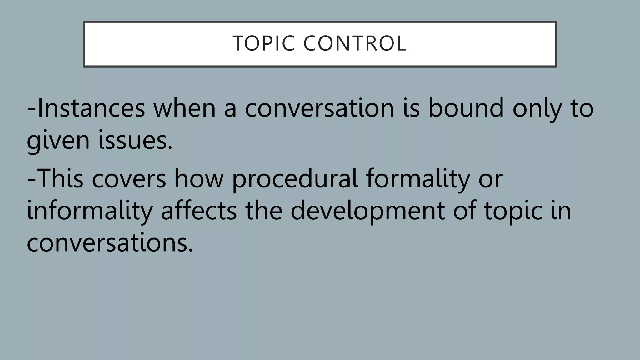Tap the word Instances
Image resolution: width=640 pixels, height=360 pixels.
pyautogui.click(x=91, y=108)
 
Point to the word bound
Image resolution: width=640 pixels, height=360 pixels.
pyautogui.click(x=466, y=108)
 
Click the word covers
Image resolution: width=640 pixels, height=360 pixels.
pyautogui.click(x=129, y=179)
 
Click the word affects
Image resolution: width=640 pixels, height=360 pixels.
pyautogui.click(x=199, y=211)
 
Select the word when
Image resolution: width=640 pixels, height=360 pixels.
pyautogui.click(x=184, y=108)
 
